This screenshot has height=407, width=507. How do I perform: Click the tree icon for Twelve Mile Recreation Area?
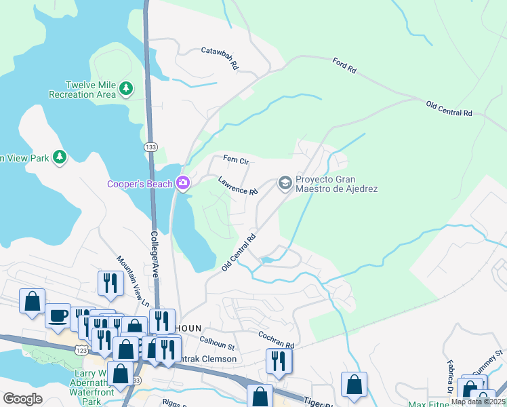125,88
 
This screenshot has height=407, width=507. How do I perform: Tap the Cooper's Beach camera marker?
182,183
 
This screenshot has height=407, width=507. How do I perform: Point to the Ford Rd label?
344,65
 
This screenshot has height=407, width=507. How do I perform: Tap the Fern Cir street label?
237,161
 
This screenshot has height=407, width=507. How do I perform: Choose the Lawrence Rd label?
238,186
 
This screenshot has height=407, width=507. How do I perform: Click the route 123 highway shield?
82,348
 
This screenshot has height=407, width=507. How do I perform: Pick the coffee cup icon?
58,316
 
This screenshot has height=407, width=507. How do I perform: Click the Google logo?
23,399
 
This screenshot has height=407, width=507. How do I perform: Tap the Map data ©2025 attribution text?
478,402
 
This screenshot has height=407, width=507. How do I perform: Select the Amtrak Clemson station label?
209,359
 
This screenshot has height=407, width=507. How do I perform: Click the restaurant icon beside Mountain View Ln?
110,283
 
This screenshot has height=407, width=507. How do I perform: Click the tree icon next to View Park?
60,157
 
